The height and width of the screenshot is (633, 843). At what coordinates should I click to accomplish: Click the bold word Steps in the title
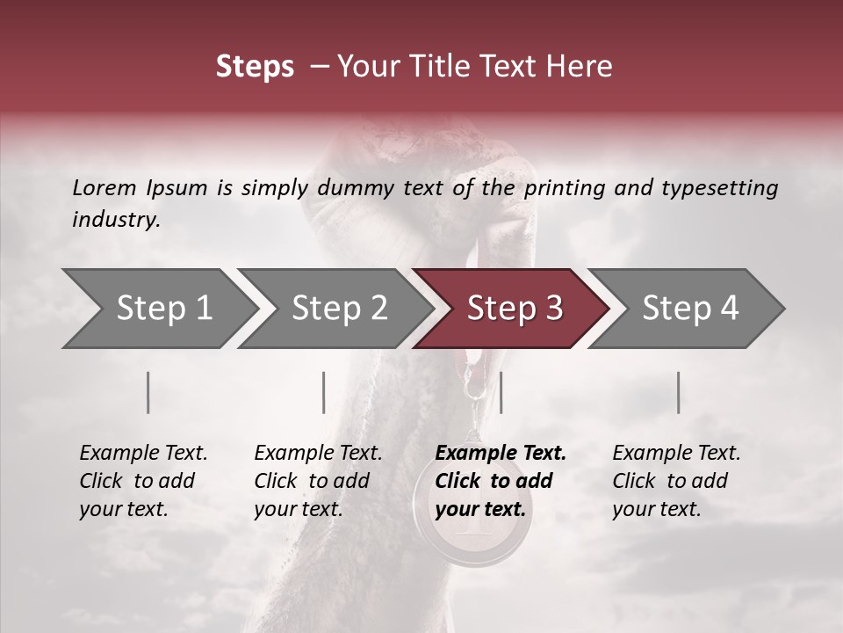pyautogui.click(x=255, y=67)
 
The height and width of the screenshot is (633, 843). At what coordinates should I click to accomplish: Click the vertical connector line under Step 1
pyautogui.click(x=148, y=392)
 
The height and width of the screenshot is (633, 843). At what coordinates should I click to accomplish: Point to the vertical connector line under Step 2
pyautogui.click(x=324, y=392)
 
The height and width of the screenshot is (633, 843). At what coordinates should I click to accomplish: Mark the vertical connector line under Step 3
pyautogui.click(x=501, y=392)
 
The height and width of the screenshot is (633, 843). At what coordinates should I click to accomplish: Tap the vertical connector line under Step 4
pyautogui.click(x=679, y=392)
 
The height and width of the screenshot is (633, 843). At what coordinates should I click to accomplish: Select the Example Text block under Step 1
pyautogui.click(x=143, y=481)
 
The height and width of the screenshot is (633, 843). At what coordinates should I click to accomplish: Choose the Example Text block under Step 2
pyautogui.click(x=318, y=481)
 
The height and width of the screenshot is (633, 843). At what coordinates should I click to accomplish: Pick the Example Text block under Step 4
pyautogui.click(x=676, y=481)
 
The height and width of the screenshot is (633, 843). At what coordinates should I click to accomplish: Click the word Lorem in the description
pyautogui.click(x=104, y=187)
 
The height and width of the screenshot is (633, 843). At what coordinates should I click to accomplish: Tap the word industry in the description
pyautogui.click(x=116, y=220)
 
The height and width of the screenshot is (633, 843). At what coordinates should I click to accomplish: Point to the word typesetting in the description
pyautogui.click(x=728, y=188)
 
